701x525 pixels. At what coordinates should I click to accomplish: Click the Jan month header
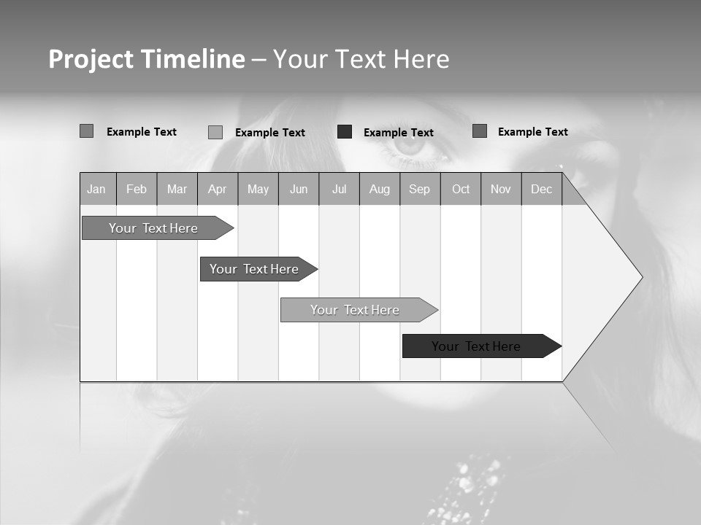click(x=96, y=190)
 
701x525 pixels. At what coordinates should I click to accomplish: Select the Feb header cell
click(x=137, y=190)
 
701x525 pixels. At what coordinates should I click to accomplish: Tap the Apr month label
click(x=217, y=190)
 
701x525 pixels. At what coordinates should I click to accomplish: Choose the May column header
click(x=258, y=190)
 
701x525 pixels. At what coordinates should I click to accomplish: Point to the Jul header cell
click(x=339, y=190)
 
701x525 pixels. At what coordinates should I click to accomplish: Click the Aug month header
click(x=380, y=190)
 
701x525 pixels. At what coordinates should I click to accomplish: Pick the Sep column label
click(x=419, y=190)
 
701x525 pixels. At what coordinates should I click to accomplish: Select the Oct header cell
click(x=461, y=190)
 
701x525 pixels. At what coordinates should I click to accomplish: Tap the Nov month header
click(x=501, y=190)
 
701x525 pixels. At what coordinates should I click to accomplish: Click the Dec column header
click(x=542, y=190)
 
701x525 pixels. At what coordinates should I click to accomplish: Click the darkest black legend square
click(x=345, y=132)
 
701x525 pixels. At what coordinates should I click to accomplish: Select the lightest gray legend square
click(x=215, y=132)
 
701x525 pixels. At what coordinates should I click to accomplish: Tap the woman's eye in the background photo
click(x=410, y=144)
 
